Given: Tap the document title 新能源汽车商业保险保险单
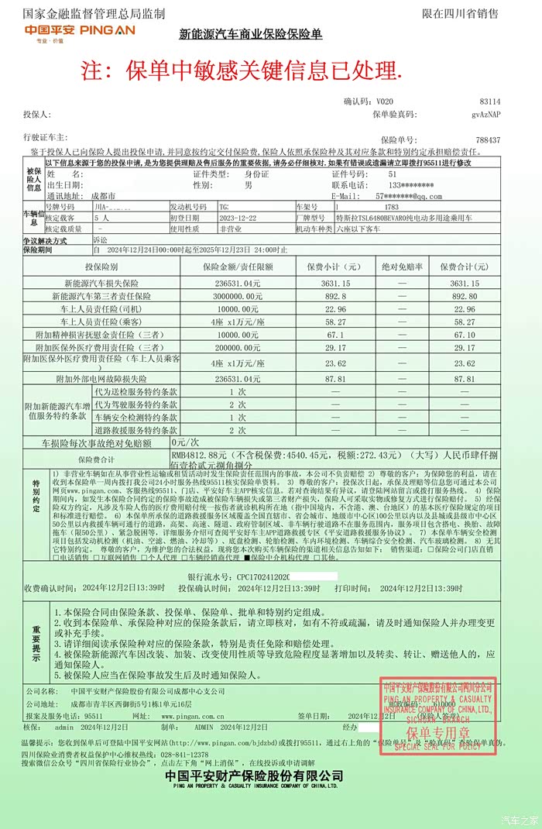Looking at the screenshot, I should pos(250,35).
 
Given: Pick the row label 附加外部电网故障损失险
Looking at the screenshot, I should pos(101,379).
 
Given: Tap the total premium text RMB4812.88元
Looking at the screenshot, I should pos(198,455).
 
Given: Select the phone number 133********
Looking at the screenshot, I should pos(395,185).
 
